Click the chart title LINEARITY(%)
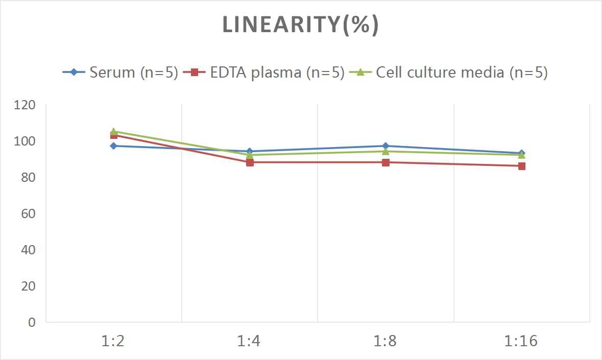pos(300,25)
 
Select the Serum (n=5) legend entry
pos(121,73)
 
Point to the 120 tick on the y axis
pos(25,106)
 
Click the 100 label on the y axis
pos(25,141)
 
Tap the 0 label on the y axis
pos(32,322)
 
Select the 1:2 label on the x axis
pos(113,341)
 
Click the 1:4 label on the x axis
pos(249,341)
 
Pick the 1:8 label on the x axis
pos(386,341)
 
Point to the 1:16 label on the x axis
pos(521,341)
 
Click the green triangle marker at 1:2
pos(113,131)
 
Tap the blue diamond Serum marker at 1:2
pos(113,146)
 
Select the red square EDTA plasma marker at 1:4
pos(250,162)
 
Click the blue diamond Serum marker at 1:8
pos(386,146)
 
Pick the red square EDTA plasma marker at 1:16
pos(521,166)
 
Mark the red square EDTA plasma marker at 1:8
pos(386,162)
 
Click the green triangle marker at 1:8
pos(386,151)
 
